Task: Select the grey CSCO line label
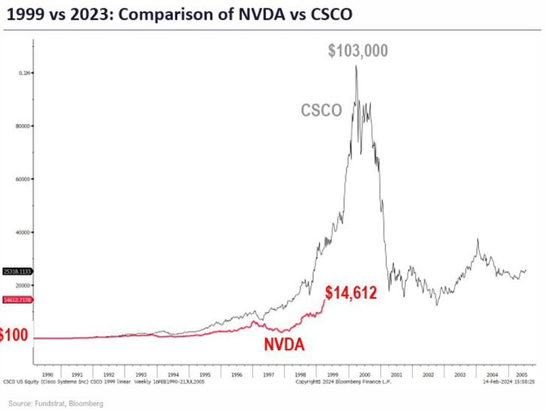(x=321, y=110)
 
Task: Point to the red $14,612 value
(x=351, y=293)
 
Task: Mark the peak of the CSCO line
(x=356, y=66)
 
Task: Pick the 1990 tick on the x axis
(x=46, y=373)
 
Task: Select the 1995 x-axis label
(x=205, y=373)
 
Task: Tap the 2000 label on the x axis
(x=363, y=373)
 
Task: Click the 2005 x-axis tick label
(x=522, y=373)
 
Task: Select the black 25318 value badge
(x=17, y=270)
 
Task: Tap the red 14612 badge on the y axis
(x=17, y=299)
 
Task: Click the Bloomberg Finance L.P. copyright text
(x=333, y=382)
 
